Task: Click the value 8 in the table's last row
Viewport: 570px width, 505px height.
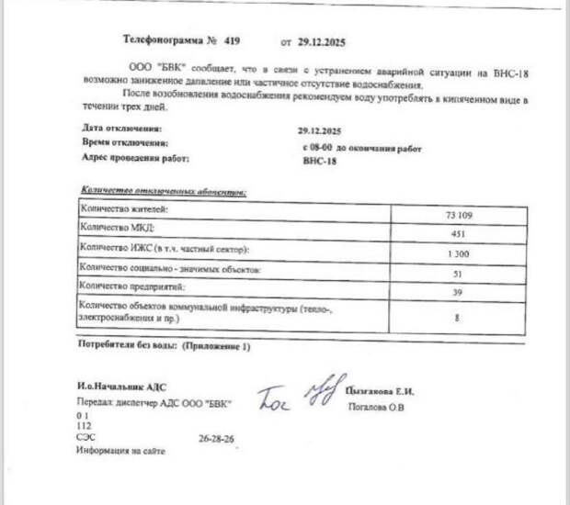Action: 458,317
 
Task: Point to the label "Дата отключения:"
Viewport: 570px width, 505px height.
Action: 122,128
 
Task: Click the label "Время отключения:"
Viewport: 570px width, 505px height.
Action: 124,142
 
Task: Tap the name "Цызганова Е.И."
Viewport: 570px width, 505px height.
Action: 379,391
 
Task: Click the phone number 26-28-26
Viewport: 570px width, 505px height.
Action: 216,439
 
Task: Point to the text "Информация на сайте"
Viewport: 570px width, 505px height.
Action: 120,451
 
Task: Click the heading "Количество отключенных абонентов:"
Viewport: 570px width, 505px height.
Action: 164,192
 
